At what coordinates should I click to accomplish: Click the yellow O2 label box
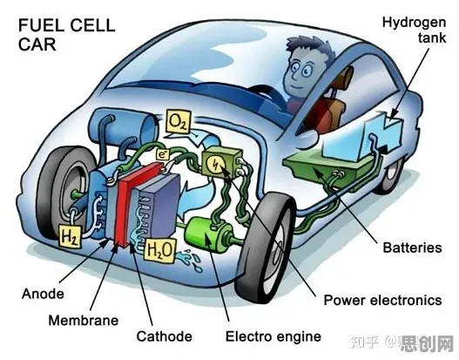click(179, 121)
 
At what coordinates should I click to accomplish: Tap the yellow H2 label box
click(71, 236)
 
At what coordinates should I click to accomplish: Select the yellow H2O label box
click(160, 250)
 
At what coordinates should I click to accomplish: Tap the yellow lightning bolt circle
click(215, 165)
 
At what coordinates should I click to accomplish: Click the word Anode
click(43, 294)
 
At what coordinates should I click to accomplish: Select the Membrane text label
click(84, 320)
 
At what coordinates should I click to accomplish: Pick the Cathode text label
click(165, 336)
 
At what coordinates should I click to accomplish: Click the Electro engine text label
click(273, 336)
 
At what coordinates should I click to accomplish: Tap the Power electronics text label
click(382, 300)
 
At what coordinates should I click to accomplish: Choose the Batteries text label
click(413, 248)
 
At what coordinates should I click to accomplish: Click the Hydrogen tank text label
click(415, 31)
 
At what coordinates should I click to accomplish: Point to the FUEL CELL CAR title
click(67, 35)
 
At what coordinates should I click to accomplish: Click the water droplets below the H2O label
click(191, 260)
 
